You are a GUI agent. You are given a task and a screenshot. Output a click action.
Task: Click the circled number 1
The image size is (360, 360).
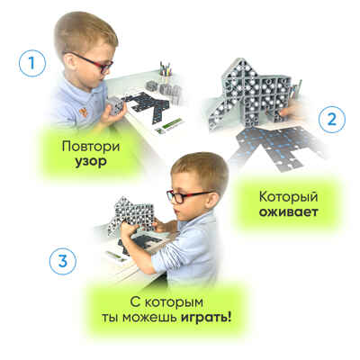click(x=32, y=64)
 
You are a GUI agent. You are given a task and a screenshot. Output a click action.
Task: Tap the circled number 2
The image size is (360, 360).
click(x=332, y=120)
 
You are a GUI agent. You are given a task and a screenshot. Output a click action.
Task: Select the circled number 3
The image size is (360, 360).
click(x=63, y=261)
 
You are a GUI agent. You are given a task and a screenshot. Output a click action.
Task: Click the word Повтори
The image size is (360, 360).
click(x=91, y=147)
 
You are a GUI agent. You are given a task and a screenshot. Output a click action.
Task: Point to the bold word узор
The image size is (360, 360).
click(x=91, y=162)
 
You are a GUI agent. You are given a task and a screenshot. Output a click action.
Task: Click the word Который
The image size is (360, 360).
click(x=288, y=197)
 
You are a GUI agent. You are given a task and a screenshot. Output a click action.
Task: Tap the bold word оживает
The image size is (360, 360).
click(x=289, y=212)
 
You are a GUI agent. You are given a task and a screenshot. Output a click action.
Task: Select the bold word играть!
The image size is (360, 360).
click(x=206, y=318)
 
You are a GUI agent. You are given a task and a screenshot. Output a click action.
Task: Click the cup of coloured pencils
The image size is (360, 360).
click(x=165, y=73)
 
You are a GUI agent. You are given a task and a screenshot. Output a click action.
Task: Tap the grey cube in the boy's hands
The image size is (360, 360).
click(x=115, y=105)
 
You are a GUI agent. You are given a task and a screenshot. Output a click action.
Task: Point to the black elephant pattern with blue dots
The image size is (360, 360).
click(x=276, y=148)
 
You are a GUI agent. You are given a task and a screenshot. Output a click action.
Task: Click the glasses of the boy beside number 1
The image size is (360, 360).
click(x=90, y=62)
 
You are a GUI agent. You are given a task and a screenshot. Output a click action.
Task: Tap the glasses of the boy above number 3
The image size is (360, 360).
click(x=187, y=195)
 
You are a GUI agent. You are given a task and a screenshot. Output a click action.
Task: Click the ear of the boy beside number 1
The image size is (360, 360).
click(x=69, y=62)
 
